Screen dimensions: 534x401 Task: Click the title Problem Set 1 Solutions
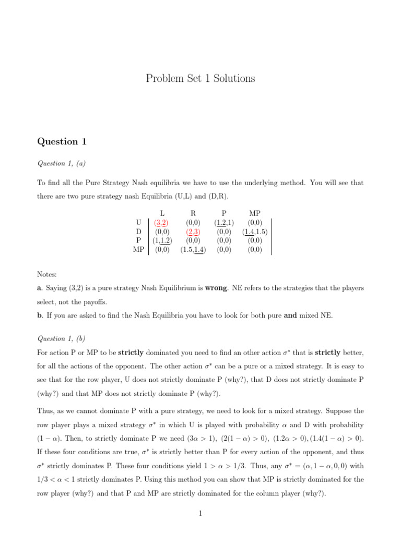click(200, 79)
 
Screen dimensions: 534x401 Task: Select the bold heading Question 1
click(62, 142)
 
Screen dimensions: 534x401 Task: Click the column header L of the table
click(162, 213)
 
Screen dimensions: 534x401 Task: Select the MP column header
click(255, 213)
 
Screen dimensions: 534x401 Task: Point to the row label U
click(139, 222)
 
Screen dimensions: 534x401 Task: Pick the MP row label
click(138, 250)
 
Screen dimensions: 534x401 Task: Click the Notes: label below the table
click(47, 274)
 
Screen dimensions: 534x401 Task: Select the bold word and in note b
click(290, 315)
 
